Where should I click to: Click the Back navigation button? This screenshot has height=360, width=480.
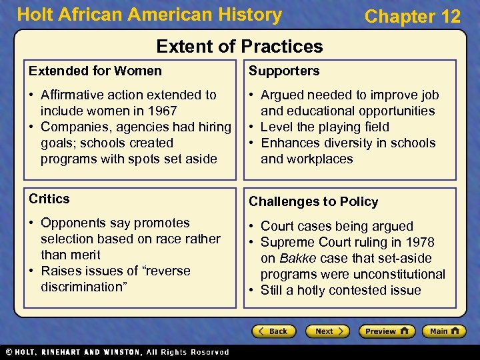point(273,331)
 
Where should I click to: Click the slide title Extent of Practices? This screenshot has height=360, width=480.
point(239,46)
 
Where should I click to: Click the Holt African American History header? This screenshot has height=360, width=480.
point(149,15)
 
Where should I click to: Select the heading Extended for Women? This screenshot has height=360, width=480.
point(95,71)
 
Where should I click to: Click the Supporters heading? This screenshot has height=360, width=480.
point(284,71)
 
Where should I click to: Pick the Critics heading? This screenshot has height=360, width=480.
point(49,199)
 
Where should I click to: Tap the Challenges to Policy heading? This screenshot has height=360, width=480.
point(313,201)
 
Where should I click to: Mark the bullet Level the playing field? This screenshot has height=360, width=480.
point(325,127)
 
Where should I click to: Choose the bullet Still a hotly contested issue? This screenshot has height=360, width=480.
point(340,290)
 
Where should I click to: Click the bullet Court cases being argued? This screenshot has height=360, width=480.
point(337,226)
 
